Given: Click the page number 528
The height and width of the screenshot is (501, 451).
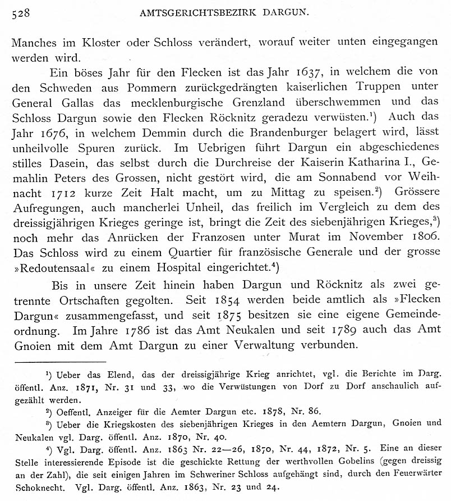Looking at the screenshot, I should [22, 13].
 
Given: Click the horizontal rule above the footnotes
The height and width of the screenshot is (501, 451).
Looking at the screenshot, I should [61, 362].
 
